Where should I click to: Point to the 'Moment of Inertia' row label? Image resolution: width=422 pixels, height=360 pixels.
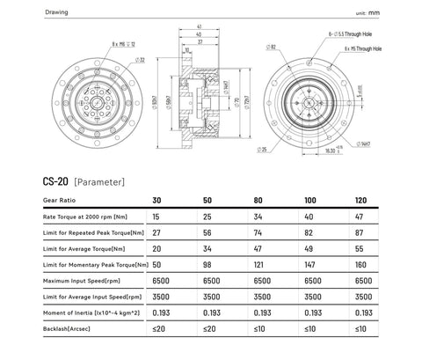(86, 313)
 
